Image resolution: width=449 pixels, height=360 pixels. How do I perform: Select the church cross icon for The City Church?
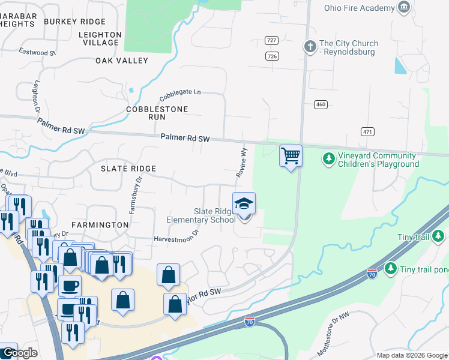310,46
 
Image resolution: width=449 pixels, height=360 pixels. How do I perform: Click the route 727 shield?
272,40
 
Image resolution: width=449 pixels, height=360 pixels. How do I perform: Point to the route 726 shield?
272,56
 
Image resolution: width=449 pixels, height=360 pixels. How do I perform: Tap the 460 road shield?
321,105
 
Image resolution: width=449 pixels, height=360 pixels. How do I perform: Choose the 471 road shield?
368,131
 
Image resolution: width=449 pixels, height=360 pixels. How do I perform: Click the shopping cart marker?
291,156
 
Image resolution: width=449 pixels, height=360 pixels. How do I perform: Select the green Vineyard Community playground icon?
328,159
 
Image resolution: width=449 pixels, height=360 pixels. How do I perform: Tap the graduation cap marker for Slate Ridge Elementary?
244,204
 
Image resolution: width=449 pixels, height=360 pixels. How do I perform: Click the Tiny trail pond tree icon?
391,267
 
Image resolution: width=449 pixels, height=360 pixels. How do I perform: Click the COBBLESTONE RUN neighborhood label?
157,113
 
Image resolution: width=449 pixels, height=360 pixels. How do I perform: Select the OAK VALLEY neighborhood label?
122,61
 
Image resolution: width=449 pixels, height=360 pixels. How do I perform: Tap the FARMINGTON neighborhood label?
100,225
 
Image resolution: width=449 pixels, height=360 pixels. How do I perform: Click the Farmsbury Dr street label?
135,194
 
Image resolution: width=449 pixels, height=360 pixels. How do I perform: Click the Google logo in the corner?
19,353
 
